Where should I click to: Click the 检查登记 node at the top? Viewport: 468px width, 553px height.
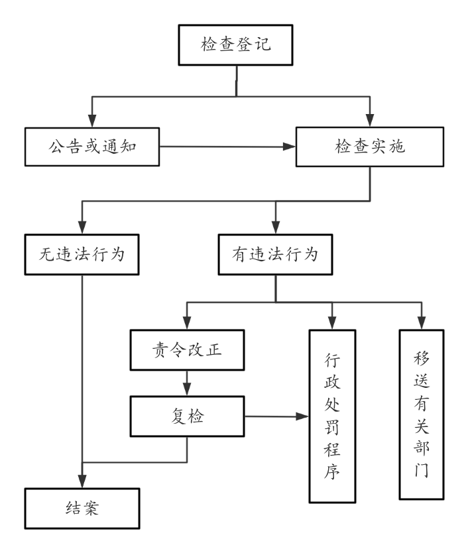pyautogui.click(x=236, y=45)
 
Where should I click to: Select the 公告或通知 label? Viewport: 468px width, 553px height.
pyautogui.click(x=92, y=147)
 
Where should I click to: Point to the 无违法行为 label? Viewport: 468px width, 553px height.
pyautogui.click(x=82, y=254)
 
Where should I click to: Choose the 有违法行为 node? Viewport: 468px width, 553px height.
pyautogui.click(x=275, y=255)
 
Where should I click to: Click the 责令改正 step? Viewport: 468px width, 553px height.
pyautogui.click(x=187, y=350)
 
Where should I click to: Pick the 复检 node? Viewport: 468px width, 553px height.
pyautogui.click(x=188, y=417)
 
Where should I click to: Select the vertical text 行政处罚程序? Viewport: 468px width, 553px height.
pyautogui.click(x=332, y=416)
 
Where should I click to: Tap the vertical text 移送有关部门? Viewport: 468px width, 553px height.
pyautogui.click(x=421, y=414)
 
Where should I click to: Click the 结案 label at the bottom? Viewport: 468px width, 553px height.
pyautogui.click(x=82, y=509)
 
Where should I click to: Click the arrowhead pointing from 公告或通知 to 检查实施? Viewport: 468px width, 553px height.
pyautogui.click(x=289, y=147)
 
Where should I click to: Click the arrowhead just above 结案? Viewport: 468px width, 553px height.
pyautogui.click(x=82, y=481)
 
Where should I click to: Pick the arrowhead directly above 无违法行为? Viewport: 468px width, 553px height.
pyautogui.click(x=82, y=226)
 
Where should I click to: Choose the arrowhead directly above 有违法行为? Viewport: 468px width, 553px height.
pyautogui.click(x=276, y=226)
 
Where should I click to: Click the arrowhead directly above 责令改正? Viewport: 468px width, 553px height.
pyautogui.click(x=187, y=322)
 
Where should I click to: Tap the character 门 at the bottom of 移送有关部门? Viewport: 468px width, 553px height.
pyautogui.click(x=421, y=470)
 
